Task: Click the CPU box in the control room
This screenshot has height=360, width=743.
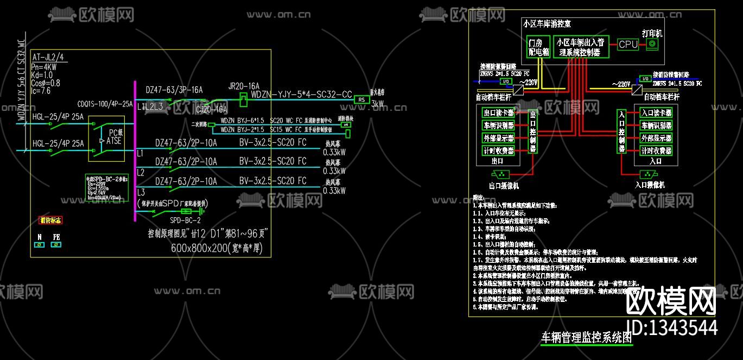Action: tap(628, 45)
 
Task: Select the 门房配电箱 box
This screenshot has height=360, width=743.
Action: tap(538, 47)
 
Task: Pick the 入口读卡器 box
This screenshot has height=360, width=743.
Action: tap(656, 113)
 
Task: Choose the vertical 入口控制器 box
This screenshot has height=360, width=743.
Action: tap(622, 131)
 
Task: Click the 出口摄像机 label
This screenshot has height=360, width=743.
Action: tap(504, 186)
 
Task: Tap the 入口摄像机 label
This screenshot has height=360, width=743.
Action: tap(650, 185)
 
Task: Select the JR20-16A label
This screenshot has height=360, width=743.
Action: tap(244, 86)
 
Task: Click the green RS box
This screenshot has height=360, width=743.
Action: tap(361, 99)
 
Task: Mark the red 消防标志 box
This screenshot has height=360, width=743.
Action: tap(51, 220)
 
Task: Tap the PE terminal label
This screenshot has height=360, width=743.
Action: tap(56, 237)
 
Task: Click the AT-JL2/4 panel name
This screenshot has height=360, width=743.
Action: tap(48, 57)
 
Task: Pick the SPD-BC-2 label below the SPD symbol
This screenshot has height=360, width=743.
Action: tap(185, 220)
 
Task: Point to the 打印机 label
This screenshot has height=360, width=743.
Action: tap(652, 33)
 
